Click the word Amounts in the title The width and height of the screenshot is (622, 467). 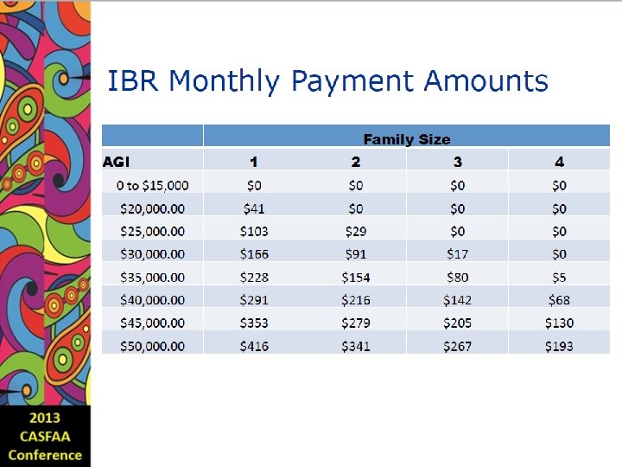(486, 81)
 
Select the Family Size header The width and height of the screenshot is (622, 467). (406, 138)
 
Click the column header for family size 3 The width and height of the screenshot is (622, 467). (457, 162)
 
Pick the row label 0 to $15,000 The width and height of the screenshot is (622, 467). (152, 185)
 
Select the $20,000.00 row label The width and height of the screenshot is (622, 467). (152, 208)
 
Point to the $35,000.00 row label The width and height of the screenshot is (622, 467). (152, 278)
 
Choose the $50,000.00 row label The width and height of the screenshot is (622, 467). (152, 346)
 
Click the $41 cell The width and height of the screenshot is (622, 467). (254, 208)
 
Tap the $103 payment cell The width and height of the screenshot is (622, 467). (254, 231)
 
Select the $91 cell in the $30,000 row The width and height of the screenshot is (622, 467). (356, 254)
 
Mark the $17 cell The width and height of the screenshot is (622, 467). (457, 254)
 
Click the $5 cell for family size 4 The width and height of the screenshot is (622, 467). (559, 278)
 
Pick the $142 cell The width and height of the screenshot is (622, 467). (457, 300)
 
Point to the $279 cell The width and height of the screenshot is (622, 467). (356, 323)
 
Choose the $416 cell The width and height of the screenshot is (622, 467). (254, 346)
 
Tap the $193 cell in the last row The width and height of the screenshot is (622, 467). (559, 346)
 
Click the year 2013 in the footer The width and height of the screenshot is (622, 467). (44, 419)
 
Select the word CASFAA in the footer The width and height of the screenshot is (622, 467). (44, 437)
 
